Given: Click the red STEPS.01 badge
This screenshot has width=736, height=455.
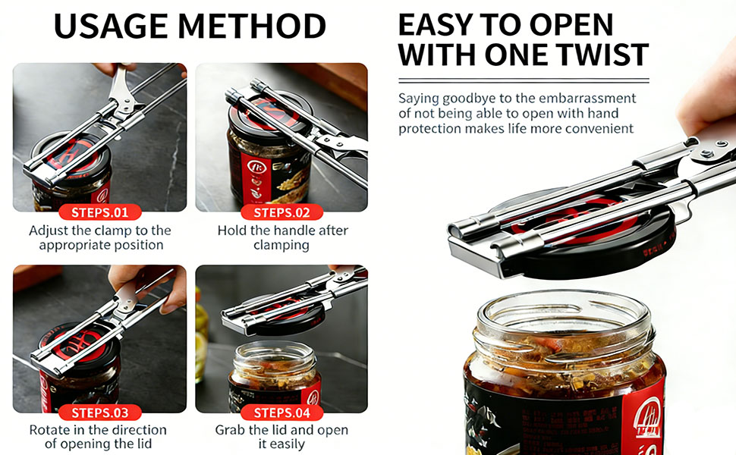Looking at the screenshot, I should click(100, 212).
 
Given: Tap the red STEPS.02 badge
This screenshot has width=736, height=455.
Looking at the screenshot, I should click(282, 212).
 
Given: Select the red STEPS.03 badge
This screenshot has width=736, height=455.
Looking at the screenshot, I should click(100, 413).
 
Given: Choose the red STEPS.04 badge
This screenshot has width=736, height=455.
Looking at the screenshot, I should click(282, 413).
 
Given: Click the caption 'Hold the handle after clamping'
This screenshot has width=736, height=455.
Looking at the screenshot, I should click(282, 237).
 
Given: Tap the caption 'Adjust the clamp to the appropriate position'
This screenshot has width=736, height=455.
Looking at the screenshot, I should click(100, 237).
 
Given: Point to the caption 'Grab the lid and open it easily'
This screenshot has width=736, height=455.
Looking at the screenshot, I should click(282, 438).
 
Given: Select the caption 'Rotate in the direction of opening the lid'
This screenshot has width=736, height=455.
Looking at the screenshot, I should click(100, 438).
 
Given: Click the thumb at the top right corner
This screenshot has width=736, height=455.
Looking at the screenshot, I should click(709, 99).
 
